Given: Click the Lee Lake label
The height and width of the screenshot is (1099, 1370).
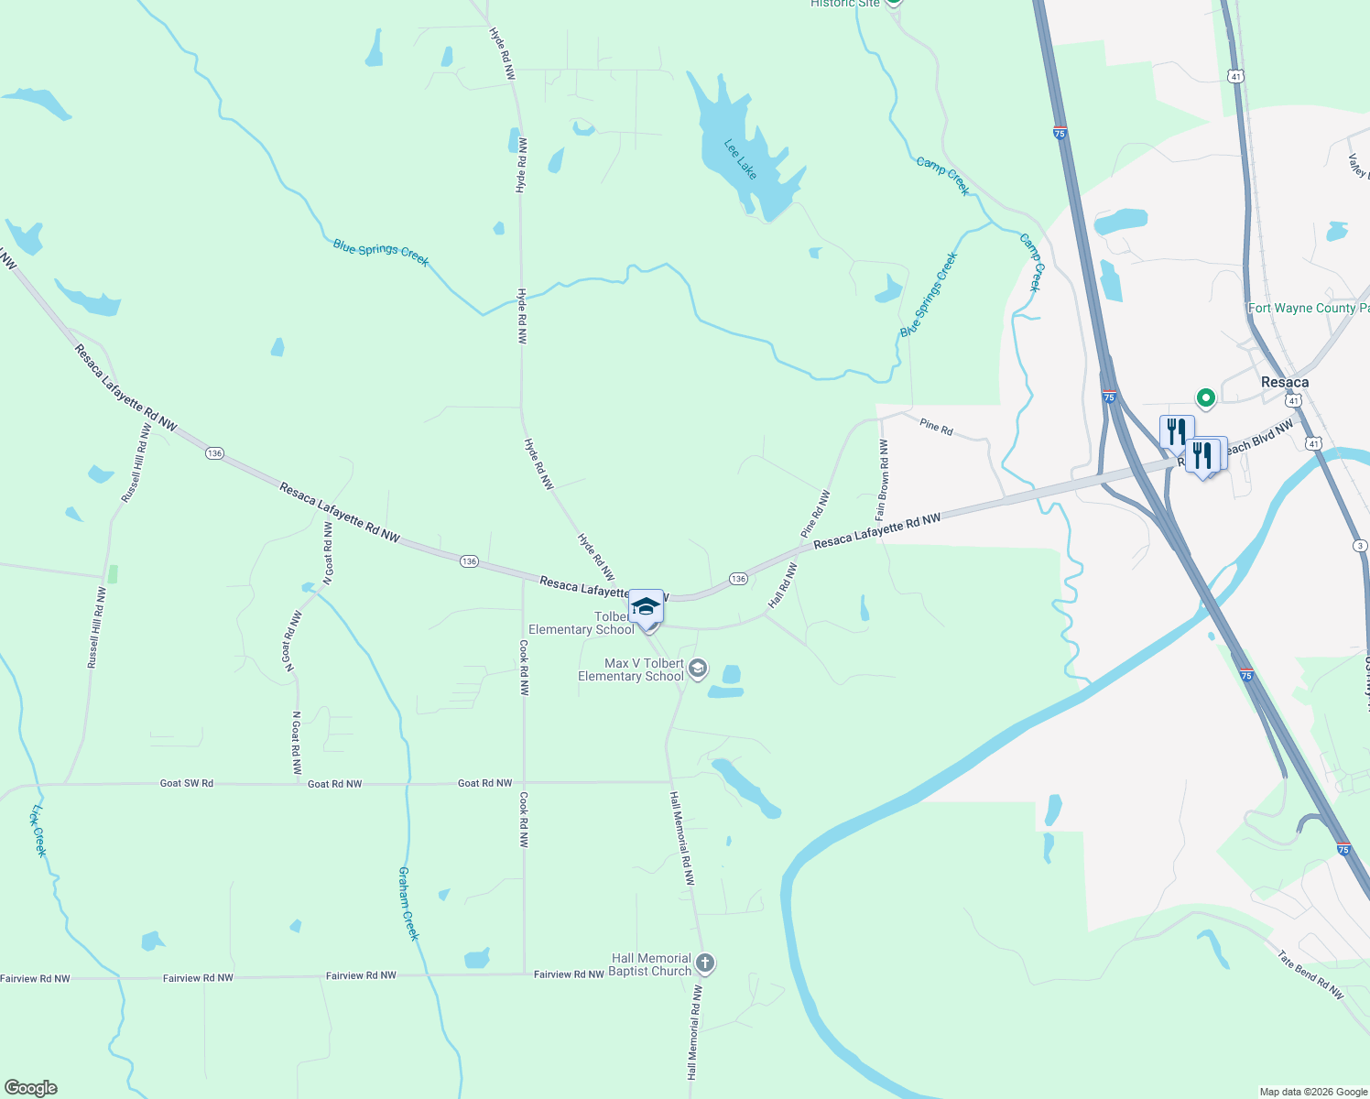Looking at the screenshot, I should point(741,159).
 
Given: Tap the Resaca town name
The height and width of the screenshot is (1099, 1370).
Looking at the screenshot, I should point(1285,382).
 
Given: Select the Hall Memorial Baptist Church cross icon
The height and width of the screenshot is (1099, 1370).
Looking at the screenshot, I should point(704,963).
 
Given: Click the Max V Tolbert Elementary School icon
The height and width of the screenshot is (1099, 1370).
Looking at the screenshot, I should point(697,669).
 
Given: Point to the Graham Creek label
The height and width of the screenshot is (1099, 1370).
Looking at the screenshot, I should point(408,903).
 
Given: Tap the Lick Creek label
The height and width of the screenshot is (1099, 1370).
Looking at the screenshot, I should point(38,831).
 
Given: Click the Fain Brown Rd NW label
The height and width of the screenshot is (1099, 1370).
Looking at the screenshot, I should point(882,480).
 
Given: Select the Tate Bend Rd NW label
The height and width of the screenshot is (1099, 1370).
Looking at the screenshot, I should point(1310,974).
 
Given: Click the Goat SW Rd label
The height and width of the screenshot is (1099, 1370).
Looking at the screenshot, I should point(187,783).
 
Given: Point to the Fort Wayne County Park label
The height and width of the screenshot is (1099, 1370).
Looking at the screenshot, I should point(1309,309).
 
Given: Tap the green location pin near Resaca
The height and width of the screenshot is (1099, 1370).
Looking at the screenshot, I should point(1206,397).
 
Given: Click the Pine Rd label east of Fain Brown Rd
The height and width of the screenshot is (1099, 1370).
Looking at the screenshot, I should point(936,427).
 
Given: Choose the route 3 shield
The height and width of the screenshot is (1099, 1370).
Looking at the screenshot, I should point(1360,546).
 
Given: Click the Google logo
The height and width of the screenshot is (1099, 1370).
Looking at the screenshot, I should point(31,1087).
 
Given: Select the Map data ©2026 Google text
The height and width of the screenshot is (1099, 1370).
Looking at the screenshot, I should point(1313,1091).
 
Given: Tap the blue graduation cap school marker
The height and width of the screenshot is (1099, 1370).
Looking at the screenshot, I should point(646,606).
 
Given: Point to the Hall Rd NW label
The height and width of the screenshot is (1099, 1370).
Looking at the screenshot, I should point(783,586).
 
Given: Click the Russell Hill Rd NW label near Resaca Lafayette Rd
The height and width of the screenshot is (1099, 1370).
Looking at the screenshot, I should point(136,463).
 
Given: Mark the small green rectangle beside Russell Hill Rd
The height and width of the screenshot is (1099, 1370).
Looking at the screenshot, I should point(113,574).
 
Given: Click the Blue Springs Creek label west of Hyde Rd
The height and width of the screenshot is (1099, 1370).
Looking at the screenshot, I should point(381,252).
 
